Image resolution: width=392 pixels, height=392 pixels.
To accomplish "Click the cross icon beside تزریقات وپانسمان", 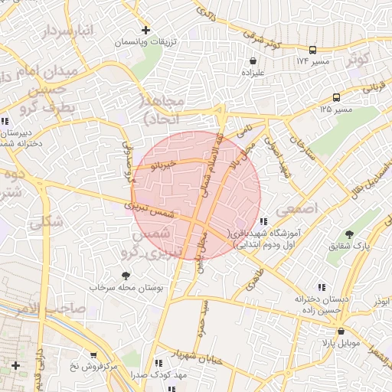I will point(145,30).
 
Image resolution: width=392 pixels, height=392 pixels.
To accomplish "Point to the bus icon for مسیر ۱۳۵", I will point(336,97).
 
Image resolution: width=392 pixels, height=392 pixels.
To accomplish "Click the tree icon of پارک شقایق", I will point(350,234).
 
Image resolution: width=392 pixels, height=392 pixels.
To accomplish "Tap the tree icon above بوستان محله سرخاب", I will point(125,275).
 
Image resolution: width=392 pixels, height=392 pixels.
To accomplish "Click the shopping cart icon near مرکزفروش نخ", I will point(93,355).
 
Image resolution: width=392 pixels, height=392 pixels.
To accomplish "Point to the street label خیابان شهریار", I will point(199,356).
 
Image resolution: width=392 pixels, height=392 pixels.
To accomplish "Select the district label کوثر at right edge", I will point(358,59).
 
